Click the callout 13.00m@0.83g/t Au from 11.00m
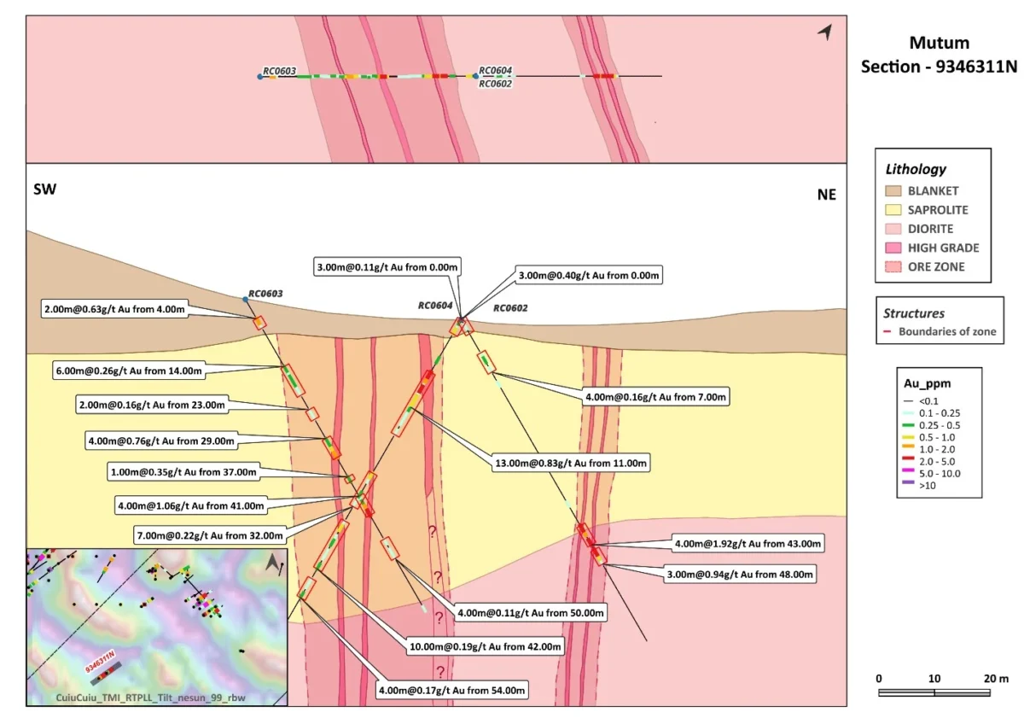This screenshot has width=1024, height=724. click(x=572, y=464)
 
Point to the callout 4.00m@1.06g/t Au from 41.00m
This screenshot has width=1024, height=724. click(x=191, y=505)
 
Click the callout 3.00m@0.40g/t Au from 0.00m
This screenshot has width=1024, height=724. click(x=588, y=276)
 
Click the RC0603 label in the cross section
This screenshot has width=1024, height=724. click(x=265, y=294)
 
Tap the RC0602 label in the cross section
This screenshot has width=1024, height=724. click(x=510, y=309)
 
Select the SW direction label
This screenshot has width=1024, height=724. click(x=44, y=190)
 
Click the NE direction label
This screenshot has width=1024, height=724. click(x=826, y=195)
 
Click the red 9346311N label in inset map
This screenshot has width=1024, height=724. click(x=100, y=660)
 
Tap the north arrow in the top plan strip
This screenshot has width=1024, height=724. click(x=824, y=32)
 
